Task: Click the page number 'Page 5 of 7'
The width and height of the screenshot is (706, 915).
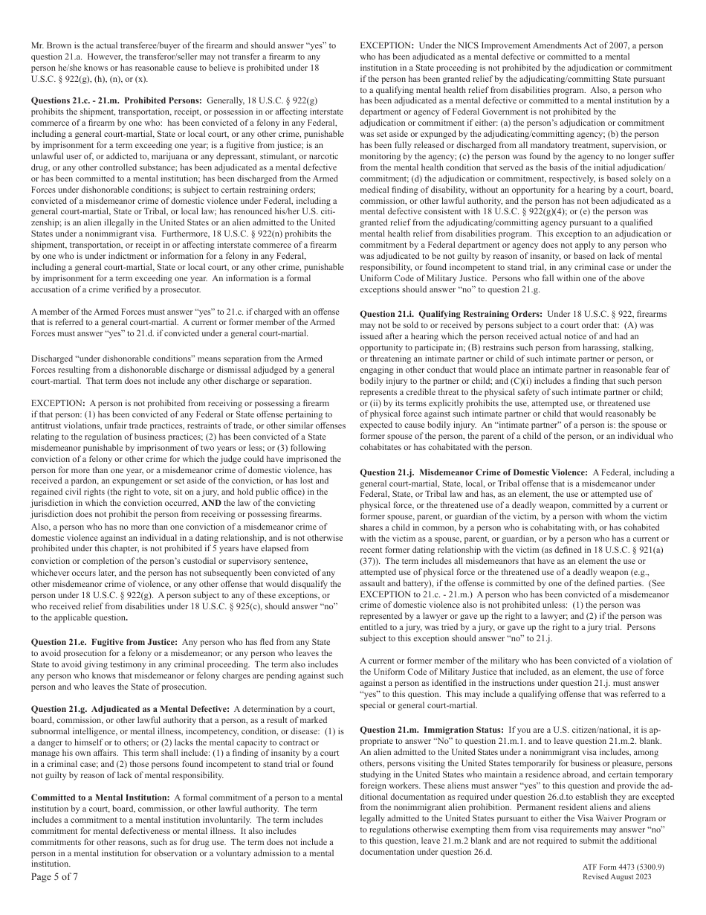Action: coord(54,876)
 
